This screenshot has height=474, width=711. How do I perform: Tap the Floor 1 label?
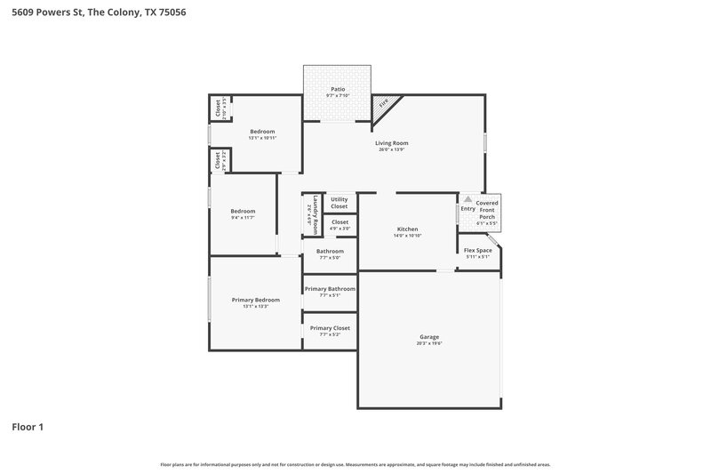[x=28, y=427]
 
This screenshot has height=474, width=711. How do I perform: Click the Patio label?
[x=338, y=89]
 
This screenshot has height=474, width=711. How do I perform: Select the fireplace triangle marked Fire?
[x=383, y=104]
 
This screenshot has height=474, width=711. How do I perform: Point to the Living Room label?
[x=391, y=142]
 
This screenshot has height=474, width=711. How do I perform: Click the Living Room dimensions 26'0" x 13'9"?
[x=391, y=149]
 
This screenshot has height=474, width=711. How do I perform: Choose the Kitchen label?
[x=407, y=229]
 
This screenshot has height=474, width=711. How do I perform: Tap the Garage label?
[x=429, y=336]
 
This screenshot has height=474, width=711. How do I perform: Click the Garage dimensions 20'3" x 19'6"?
[x=429, y=343]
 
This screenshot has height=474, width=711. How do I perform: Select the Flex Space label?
[x=478, y=251]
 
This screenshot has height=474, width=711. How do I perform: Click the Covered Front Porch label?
[x=487, y=210]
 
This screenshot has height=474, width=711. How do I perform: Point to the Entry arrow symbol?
[x=467, y=201]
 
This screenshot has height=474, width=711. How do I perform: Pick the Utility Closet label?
[x=340, y=203]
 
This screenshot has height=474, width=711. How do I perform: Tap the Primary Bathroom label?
[x=330, y=289]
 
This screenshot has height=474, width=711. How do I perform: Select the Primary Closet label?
[x=330, y=328]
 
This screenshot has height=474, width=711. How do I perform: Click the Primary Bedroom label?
[x=256, y=300]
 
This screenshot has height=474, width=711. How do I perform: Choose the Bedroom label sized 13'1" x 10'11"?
[x=261, y=132]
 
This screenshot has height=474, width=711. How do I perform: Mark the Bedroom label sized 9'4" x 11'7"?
[x=243, y=211]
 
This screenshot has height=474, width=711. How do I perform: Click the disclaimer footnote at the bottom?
[x=355, y=464]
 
